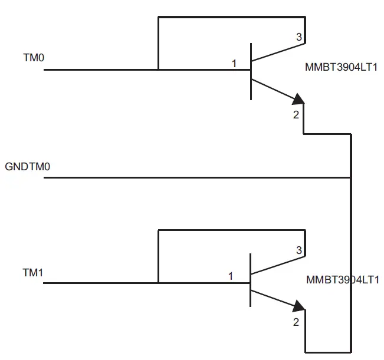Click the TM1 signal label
pos(32,273)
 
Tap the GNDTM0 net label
pos(28,167)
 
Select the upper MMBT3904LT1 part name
pos(342,67)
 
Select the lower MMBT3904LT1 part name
pos(343,280)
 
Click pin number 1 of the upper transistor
pos(234,63)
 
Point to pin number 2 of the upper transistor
pos(296,115)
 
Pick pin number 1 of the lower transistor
pos(231,276)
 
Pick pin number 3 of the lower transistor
pos(298,250)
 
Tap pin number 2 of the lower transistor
pos(296,322)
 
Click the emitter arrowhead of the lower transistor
pos(299,306)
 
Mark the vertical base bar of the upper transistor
pos(251,71)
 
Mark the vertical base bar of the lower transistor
pos(251,280)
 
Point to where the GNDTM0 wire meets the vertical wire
pos(351,177)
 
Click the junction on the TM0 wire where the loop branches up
pos(158,70)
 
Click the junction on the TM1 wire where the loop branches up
pos(158,283)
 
